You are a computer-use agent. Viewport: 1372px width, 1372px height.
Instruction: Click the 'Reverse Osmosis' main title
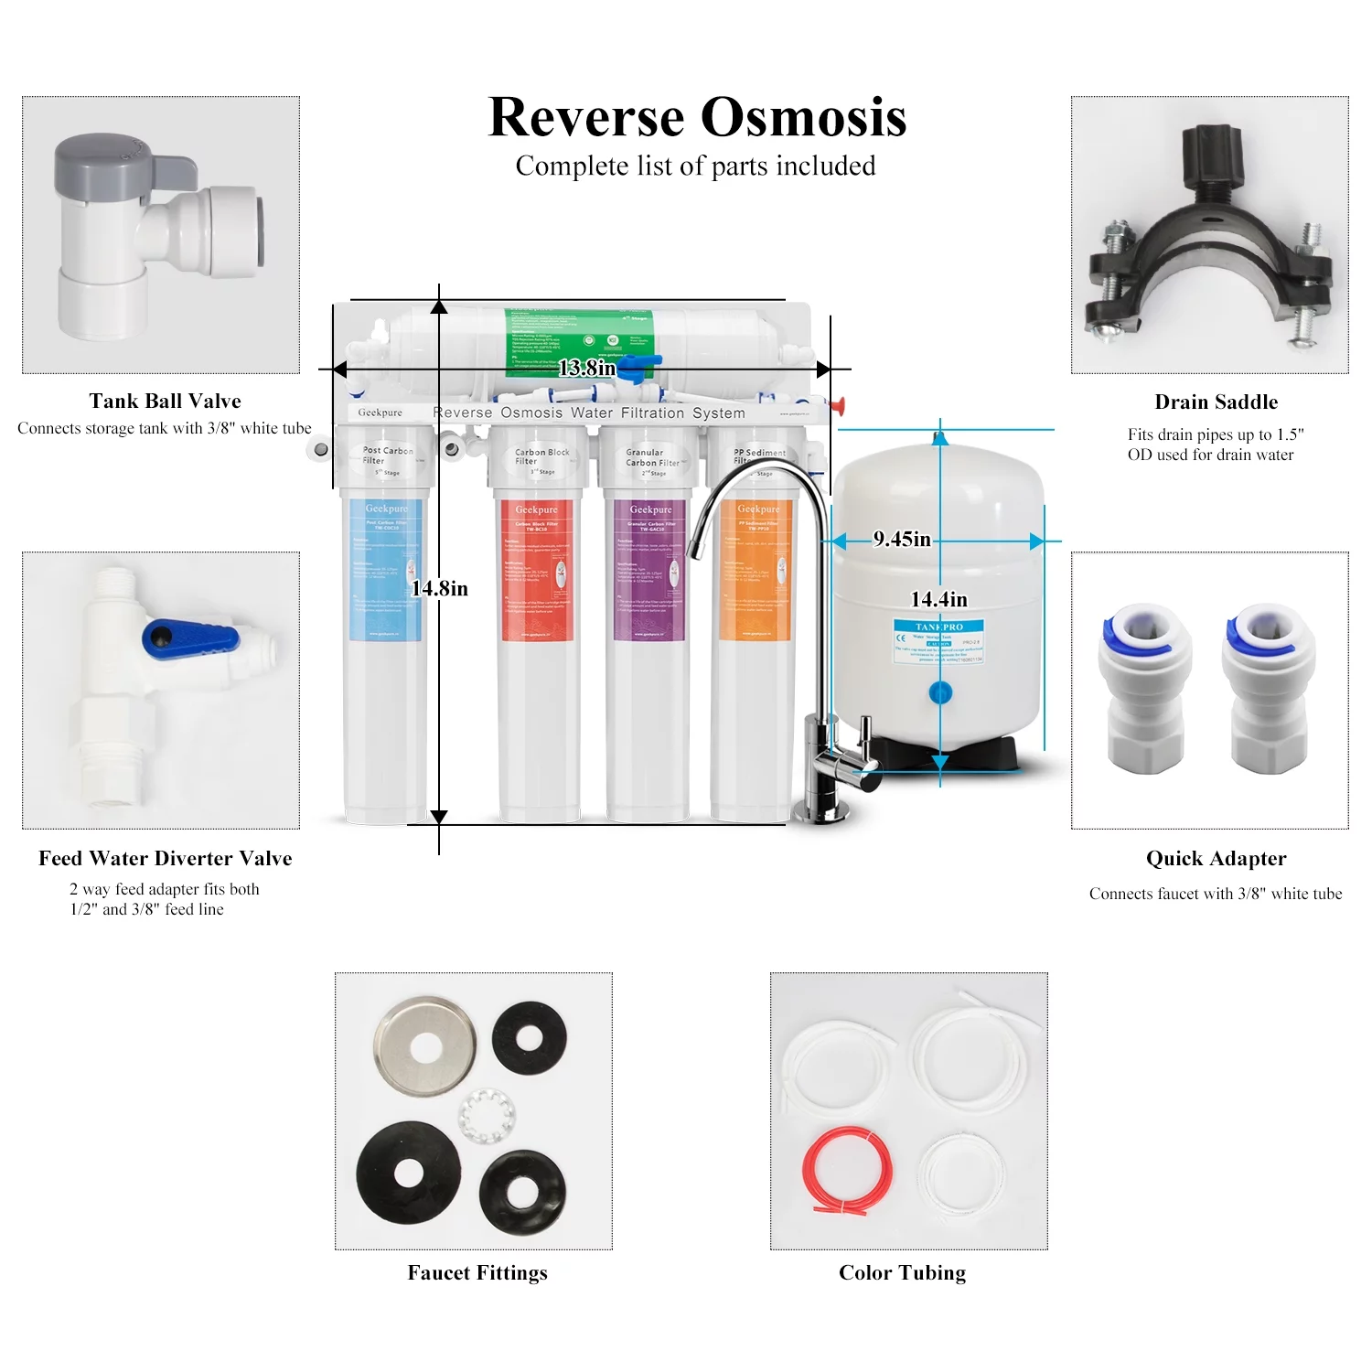[697, 117]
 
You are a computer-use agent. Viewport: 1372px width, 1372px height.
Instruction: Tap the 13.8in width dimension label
[586, 368]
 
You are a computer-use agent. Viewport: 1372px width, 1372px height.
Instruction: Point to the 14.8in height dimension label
[440, 588]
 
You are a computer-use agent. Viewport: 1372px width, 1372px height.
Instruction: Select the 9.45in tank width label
[902, 539]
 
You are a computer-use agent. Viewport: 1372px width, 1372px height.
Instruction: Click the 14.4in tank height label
[938, 599]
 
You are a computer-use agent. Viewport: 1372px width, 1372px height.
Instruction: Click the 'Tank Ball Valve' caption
[166, 401]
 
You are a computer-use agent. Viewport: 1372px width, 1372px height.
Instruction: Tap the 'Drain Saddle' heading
[1216, 402]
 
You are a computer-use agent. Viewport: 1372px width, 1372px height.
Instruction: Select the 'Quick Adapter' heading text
[1216, 858]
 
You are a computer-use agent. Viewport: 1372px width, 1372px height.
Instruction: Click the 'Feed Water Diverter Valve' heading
[166, 858]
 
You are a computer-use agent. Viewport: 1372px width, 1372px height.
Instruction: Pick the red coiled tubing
[846, 1171]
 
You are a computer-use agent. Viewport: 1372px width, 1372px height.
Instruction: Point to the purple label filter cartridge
[650, 572]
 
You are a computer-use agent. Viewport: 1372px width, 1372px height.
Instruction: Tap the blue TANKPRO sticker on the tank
[939, 640]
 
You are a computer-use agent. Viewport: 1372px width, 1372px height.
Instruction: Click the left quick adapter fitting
[1144, 686]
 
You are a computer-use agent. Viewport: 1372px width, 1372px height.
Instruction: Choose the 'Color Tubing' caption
[902, 1272]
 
